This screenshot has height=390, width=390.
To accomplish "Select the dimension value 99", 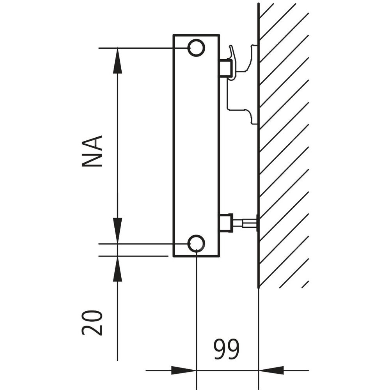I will click(226, 350).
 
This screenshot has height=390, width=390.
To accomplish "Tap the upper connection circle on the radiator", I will click(196, 48).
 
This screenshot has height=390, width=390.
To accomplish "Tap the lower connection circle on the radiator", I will click(196, 243).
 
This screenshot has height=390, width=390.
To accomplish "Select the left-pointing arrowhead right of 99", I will click(271, 370).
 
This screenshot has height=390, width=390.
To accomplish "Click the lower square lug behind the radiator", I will click(226, 223).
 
